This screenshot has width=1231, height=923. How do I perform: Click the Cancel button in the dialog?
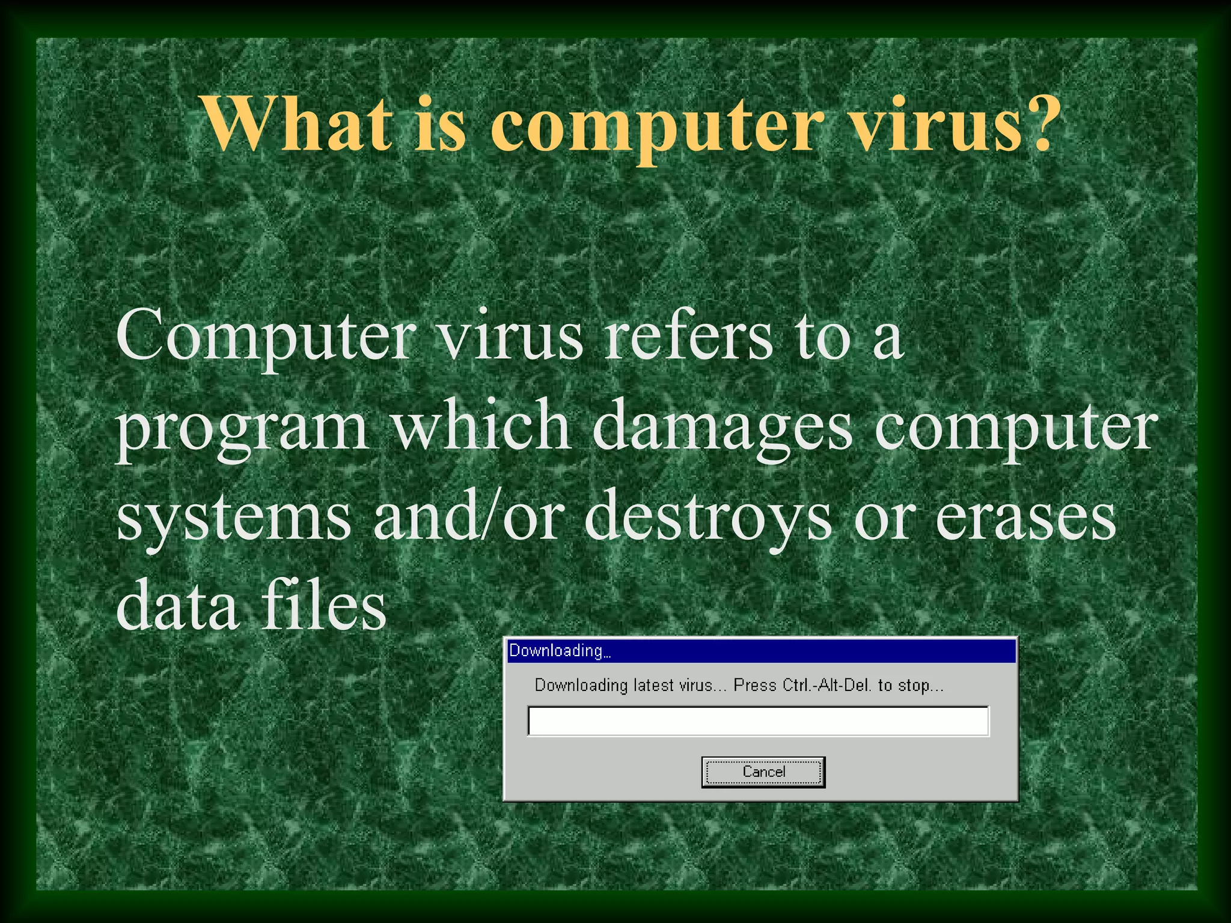763,772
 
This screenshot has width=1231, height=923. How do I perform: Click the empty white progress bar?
758,721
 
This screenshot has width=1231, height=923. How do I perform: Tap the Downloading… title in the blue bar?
560,651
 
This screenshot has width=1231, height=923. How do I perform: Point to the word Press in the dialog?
755,686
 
